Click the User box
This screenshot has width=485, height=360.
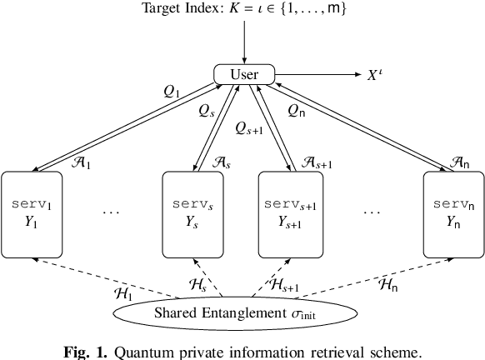(x=244, y=75)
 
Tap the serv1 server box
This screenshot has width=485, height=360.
(x=32, y=214)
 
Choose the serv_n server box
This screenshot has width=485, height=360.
(x=452, y=214)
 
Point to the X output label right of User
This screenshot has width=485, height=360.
(x=376, y=75)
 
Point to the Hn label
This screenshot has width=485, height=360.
(x=387, y=284)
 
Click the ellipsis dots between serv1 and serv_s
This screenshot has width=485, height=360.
(x=112, y=212)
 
